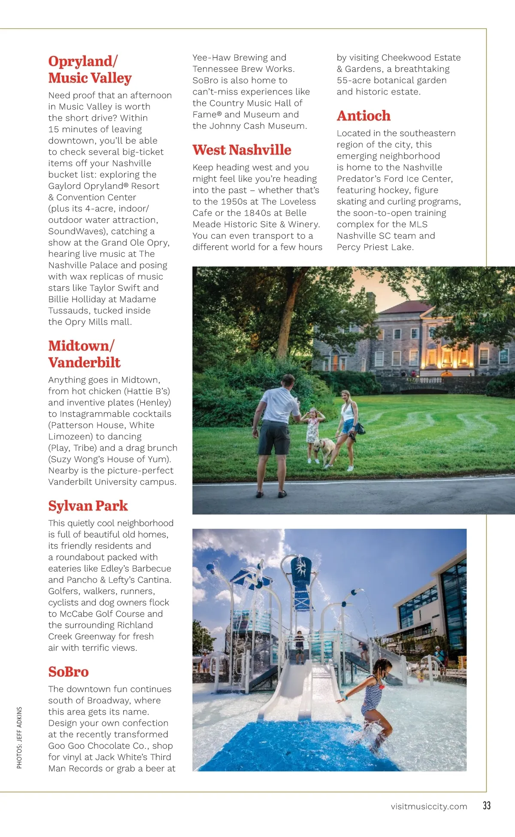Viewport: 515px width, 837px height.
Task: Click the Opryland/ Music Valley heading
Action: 90,70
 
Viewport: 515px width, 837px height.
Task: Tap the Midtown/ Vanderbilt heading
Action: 84,354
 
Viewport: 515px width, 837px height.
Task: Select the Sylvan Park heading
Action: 88,505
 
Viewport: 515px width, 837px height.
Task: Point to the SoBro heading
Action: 68,671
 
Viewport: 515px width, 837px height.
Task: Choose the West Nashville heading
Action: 242,150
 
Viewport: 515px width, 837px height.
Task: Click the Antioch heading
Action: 364,116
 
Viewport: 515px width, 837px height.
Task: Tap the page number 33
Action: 486,805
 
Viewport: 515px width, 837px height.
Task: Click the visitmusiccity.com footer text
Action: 429,806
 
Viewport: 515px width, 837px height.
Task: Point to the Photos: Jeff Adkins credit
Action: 19,737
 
